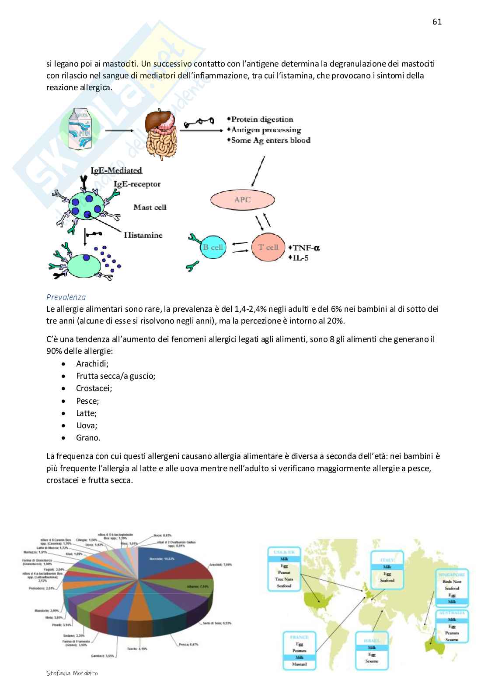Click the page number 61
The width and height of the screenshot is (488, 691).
(x=437, y=21)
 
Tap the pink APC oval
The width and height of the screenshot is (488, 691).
(x=243, y=200)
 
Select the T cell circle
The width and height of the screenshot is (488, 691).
(x=268, y=247)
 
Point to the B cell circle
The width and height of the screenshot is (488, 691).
(x=213, y=247)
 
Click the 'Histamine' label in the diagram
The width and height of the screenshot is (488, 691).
(x=143, y=235)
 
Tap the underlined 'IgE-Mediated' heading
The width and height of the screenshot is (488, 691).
(x=116, y=170)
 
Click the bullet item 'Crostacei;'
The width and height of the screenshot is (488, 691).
(x=94, y=388)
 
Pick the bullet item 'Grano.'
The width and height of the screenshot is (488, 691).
(x=88, y=437)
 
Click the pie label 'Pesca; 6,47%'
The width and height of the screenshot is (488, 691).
(x=188, y=644)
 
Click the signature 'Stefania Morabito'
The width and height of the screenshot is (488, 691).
(x=72, y=673)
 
